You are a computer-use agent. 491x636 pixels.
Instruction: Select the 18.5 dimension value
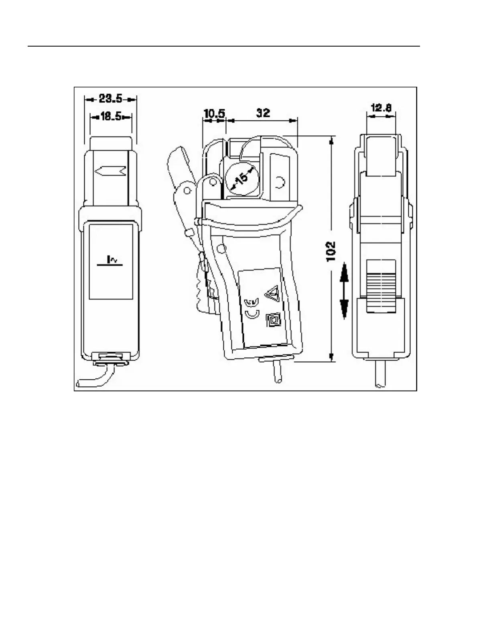(111, 117)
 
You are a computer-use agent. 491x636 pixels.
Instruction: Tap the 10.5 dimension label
(214, 114)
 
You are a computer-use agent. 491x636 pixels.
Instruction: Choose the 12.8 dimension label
(381, 108)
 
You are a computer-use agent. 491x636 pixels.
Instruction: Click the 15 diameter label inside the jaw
(241, 177)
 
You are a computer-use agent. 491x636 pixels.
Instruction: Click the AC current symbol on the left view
(111, 261)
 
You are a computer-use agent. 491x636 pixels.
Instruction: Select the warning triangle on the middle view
(272, 294)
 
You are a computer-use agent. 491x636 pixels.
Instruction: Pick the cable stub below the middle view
(277, 373)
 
